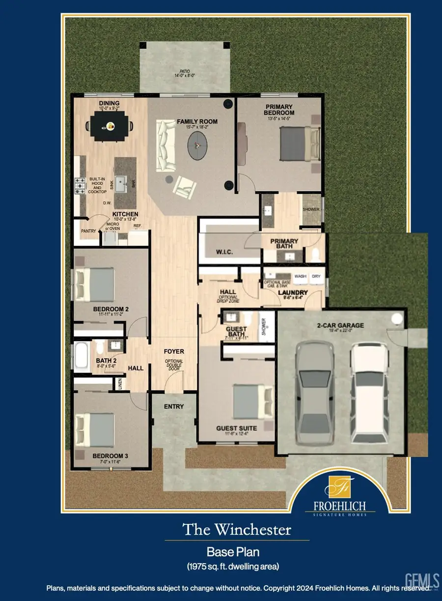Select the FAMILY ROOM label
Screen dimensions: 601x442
197,121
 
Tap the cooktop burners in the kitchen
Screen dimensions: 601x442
80,186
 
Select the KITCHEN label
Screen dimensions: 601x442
125,214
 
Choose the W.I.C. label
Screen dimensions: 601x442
224,252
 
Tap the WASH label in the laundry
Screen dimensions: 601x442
300,276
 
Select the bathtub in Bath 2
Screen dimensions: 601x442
80,355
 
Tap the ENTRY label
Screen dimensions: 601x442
174,406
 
